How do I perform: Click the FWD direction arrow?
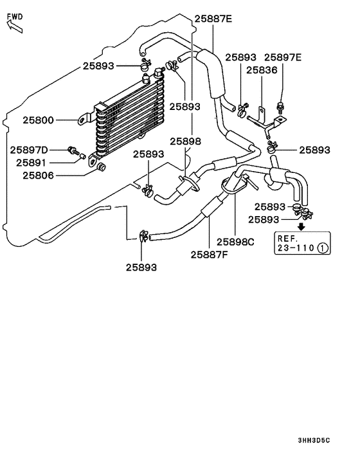click(15, 26)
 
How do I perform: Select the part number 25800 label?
click(38, 120)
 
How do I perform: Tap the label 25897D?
click(29, 150)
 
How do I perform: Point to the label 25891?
click(31, 163)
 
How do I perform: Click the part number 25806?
click(38, 176)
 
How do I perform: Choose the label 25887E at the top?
click(213, 19)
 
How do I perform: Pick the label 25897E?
click(283, 57)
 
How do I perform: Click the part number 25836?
click(262, 70)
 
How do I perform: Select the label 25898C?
click(235, 242)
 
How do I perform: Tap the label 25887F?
click(209, 255)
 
